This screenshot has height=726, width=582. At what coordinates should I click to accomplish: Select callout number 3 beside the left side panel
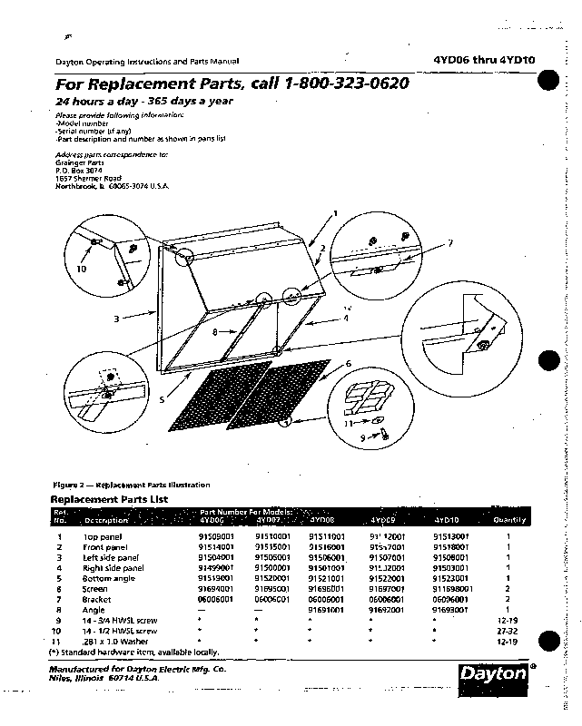(x=117, y=319)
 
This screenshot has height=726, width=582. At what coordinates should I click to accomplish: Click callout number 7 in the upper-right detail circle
(x=449, y=242)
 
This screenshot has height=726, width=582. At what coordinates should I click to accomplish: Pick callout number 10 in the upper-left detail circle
(x=81, y=270)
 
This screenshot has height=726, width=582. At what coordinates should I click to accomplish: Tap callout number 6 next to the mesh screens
(x=347, y=363)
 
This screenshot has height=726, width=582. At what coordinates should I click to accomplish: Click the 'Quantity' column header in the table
(x=509, y=521)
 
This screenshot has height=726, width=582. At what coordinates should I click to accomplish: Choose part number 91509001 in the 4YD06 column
(x=216, y=537)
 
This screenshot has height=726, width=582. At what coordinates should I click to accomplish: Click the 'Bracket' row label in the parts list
(x=96, y=599)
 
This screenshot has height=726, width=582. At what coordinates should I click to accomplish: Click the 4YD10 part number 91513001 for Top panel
(x=450, y=537)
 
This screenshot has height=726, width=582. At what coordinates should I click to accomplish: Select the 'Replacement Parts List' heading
(x=108, y=499)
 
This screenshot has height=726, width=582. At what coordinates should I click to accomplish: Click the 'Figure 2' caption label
(x=72, y=486)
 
